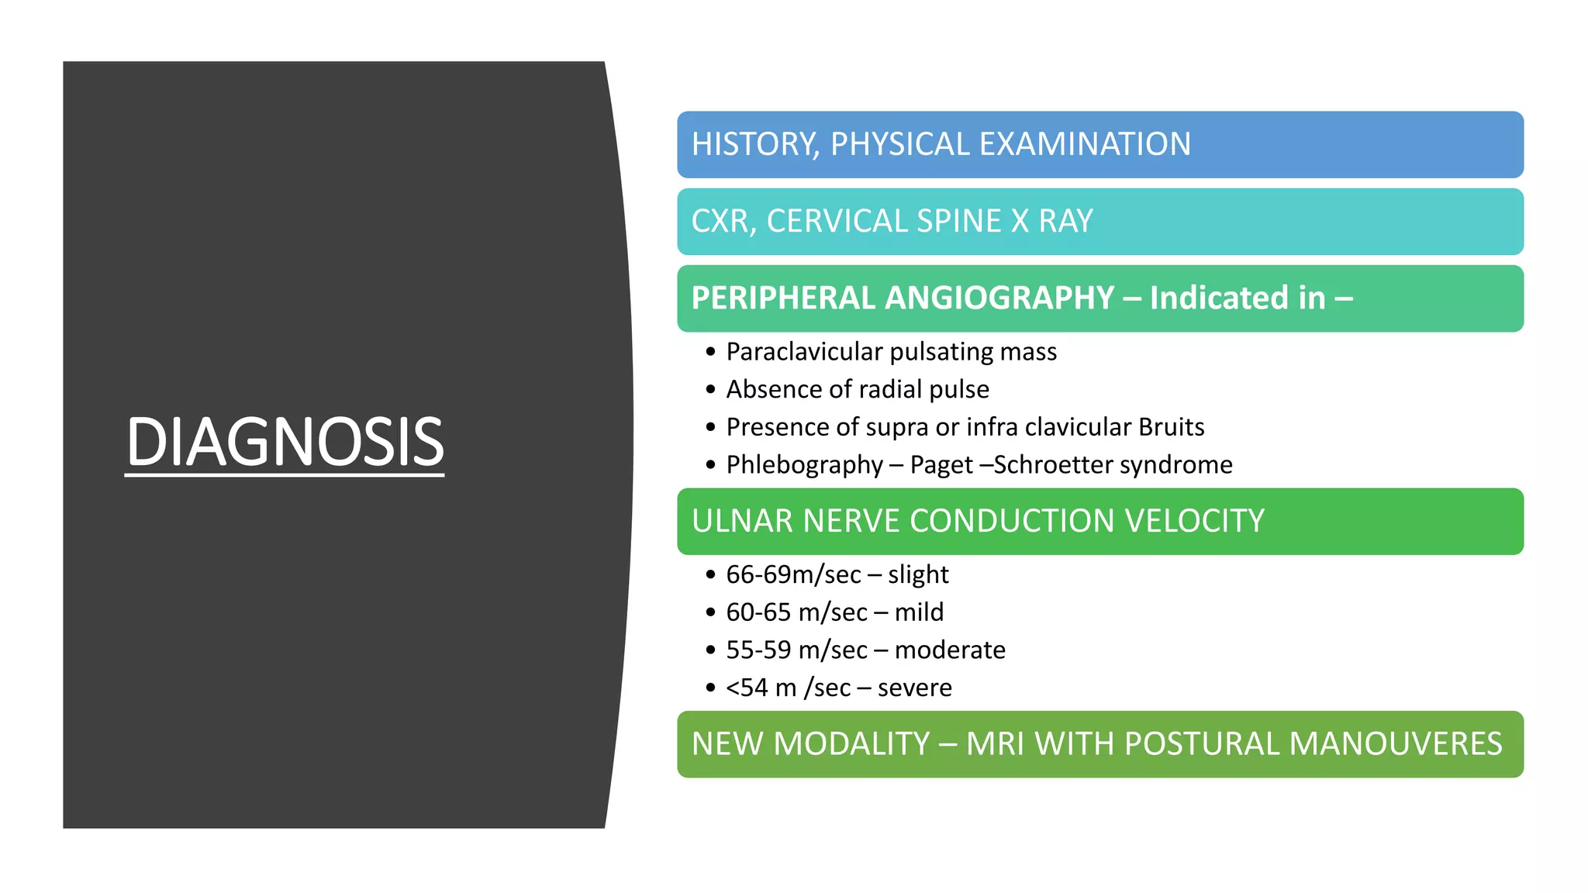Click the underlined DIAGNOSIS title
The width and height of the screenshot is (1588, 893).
[285, 442]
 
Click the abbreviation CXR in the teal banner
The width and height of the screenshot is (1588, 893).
[720, 222]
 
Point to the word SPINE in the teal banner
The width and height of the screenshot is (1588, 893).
[958, 222]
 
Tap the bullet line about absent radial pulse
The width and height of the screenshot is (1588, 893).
[857, 389]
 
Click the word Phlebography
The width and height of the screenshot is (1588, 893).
[804, 465]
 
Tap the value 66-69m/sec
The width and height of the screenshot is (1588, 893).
[793, 575]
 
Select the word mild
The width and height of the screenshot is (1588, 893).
[919, 612]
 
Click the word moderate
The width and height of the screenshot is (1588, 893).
[950, 650]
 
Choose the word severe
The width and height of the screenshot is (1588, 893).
[914, 688]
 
